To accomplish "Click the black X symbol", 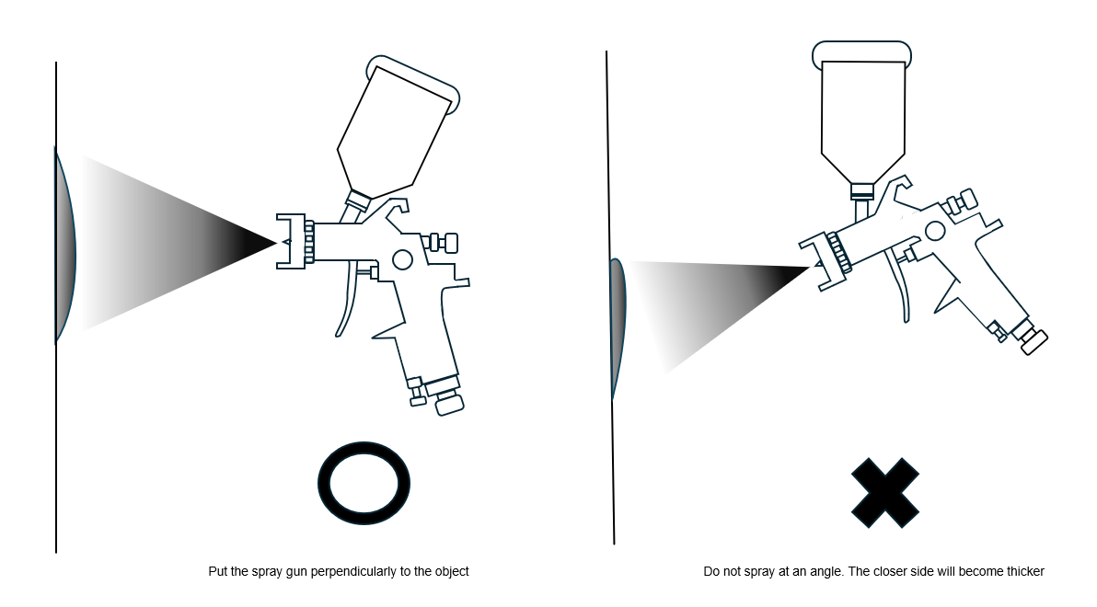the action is (885, 492).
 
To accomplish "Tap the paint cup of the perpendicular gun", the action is (398, 126).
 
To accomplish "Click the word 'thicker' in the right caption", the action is (1024, 571).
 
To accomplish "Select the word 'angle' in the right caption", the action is (826, 572).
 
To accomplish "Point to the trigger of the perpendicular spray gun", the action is (348, 301).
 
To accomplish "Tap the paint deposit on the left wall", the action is (64, 245).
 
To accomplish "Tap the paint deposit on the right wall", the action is (618, 328).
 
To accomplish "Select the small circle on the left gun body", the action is (402, 259).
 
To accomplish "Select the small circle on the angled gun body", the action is (935, 231).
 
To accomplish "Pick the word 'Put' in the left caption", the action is (217, 571).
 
